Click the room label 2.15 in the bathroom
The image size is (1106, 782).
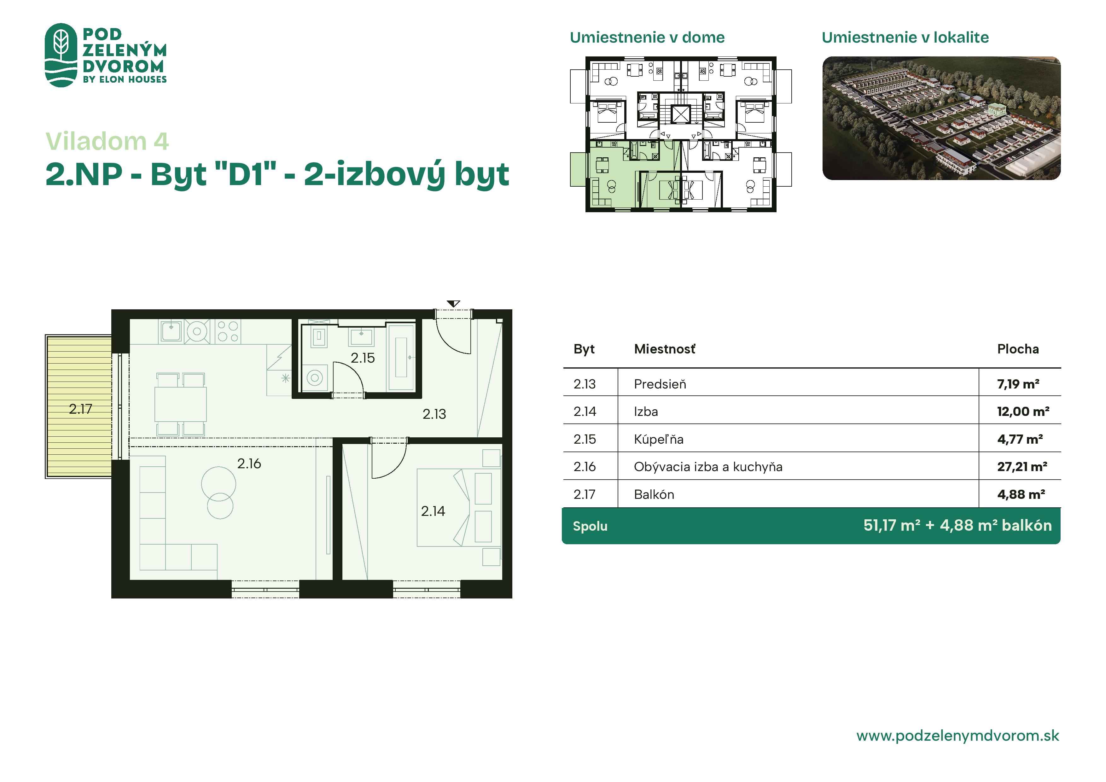pyautogui.click(x=362, y=358)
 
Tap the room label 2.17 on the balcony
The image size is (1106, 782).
pyautogui.click(x=80, y=409)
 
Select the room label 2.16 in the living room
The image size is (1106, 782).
pyautogui.click(x=249, y=464)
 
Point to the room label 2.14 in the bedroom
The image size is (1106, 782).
pyautogui.click(x=433, y=511)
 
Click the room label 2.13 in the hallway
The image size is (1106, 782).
pyautogui.click(x=434, y=414)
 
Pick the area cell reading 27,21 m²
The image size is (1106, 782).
pyautogui.click(x=1022, y=466)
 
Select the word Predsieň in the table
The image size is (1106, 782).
pyautogui.click(x=660, y=384)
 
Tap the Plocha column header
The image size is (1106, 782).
pyautogui.click(x=1018, y=349)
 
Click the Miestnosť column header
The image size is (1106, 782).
pyautogui.click(x=665, y=349)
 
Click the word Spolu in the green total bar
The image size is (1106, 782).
pyautogui.click(x=590, y=526)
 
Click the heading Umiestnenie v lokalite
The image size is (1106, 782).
pyautogui.click(x=905, y=37)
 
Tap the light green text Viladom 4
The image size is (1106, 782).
pyautogui.click(x=107, y=141)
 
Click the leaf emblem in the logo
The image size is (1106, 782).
pyautogui.click(x=61, y=55)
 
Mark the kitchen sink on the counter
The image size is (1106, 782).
pyautogui.click(x=171, y=331)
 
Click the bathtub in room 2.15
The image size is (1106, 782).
pyautogui.click(x=401, y=357)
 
